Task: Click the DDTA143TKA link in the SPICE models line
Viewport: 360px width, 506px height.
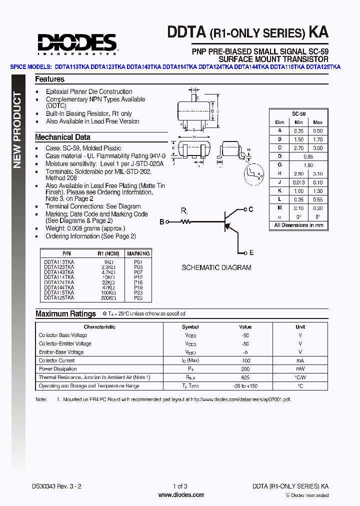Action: pos(144,66)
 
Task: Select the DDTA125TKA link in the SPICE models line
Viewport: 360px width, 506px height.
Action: pos(323,66)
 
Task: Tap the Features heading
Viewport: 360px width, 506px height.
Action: pos(49,79)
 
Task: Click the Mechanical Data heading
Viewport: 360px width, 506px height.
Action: pos(62,137)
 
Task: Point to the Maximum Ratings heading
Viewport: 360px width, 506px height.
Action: pos(65,314)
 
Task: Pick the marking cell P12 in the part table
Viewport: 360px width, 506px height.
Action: pos(138,277)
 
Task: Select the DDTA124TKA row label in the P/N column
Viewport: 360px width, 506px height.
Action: pos(59,282)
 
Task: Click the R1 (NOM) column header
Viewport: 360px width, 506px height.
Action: pos(108,253)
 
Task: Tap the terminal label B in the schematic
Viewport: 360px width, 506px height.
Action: pos(161,221)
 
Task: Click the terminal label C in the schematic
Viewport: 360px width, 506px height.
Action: pos(251,209)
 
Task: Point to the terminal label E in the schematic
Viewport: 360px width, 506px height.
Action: pos(251,253)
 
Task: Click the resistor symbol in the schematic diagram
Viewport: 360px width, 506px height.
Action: pos(185,221)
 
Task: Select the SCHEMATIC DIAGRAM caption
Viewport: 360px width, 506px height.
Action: pos(216,267)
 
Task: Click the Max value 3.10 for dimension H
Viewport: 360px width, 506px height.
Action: pos(317,173)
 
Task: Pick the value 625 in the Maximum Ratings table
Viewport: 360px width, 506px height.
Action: pos(245,377)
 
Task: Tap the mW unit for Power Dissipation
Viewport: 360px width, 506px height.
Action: pos(300,369)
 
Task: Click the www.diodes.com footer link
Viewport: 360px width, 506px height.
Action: pos(181,495)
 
